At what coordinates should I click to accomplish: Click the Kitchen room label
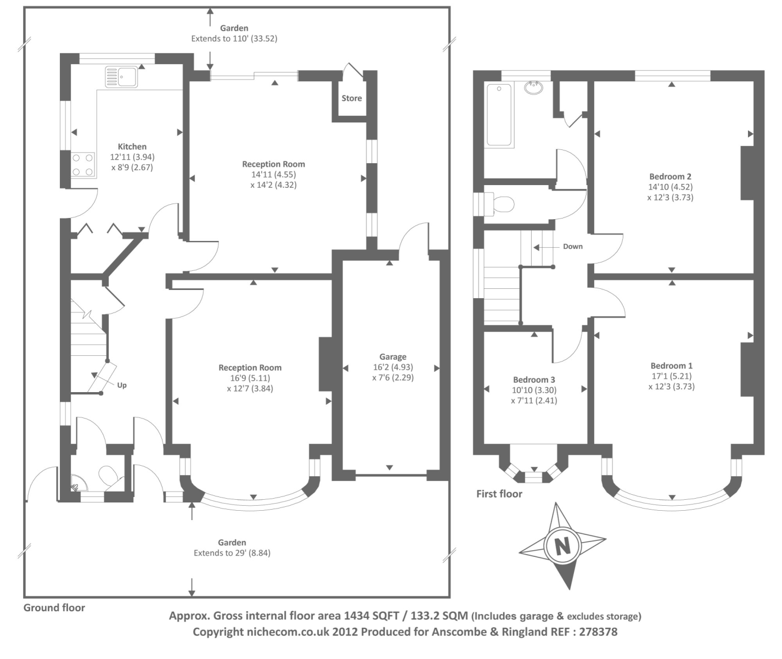click(x=132, y=147)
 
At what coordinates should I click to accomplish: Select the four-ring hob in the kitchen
click(x=83, y=164)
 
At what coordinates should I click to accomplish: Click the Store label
click(x=352, y=98)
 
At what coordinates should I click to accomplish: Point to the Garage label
click(x=393, y=356)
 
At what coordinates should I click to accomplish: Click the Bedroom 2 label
click(x=670, y=176)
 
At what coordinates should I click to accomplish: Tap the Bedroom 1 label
click(x=671, y=366)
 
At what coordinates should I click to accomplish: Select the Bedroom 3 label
click(x=534, y=379)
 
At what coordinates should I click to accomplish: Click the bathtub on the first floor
click(x=499, y=114)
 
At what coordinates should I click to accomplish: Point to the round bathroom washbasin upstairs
click(x=533, y=87)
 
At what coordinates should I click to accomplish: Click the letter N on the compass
click(x=561, y=546)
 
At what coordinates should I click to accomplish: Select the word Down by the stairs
click(x=572, y=246)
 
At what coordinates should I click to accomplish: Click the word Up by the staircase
click(x=122, y=385)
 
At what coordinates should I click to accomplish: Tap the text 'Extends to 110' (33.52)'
click(x=238, y=39)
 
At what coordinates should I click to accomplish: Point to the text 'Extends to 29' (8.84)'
click(x=232, y=553)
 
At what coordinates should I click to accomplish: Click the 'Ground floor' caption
click(x=54, y=607)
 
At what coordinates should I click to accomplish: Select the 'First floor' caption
click(x=499, y=494)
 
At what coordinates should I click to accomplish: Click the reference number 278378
click(x=597, y=632)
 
